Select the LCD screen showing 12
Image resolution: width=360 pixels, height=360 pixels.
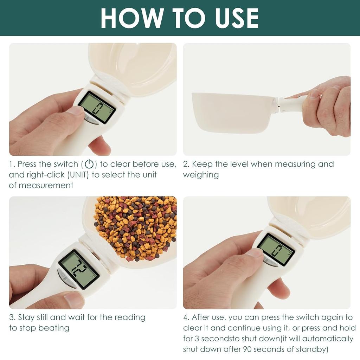(78, 269)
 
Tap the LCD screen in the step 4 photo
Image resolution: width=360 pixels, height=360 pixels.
(276, 249)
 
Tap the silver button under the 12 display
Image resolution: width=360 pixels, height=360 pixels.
(66, 278)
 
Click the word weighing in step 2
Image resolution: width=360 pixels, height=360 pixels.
(201, 175)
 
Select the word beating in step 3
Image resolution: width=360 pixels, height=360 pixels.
(54, 328)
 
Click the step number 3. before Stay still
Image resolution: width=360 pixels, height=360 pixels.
(12, 317)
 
